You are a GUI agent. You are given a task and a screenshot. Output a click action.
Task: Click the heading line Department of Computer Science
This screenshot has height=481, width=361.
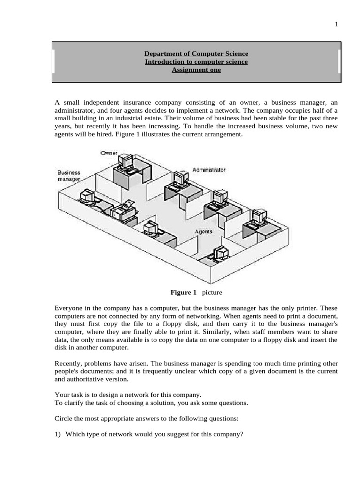tap(196, 54)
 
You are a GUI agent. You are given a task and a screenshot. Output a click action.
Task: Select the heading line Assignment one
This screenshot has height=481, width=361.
tap(196, 70)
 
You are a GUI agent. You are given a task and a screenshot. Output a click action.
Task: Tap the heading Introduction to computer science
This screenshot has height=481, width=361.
tap(196, 62)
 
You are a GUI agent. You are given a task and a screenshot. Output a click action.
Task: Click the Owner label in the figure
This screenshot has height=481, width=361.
tap(109, 153)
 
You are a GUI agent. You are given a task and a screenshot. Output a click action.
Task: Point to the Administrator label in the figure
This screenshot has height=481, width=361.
tap(209, 170)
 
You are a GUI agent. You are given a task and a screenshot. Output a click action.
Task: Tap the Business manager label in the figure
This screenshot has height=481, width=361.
tap(69, 176)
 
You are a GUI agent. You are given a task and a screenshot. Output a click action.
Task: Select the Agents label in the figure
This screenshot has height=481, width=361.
tap(204, 232)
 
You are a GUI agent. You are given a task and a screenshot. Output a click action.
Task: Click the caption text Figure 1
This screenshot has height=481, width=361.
tap(183, 293)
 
